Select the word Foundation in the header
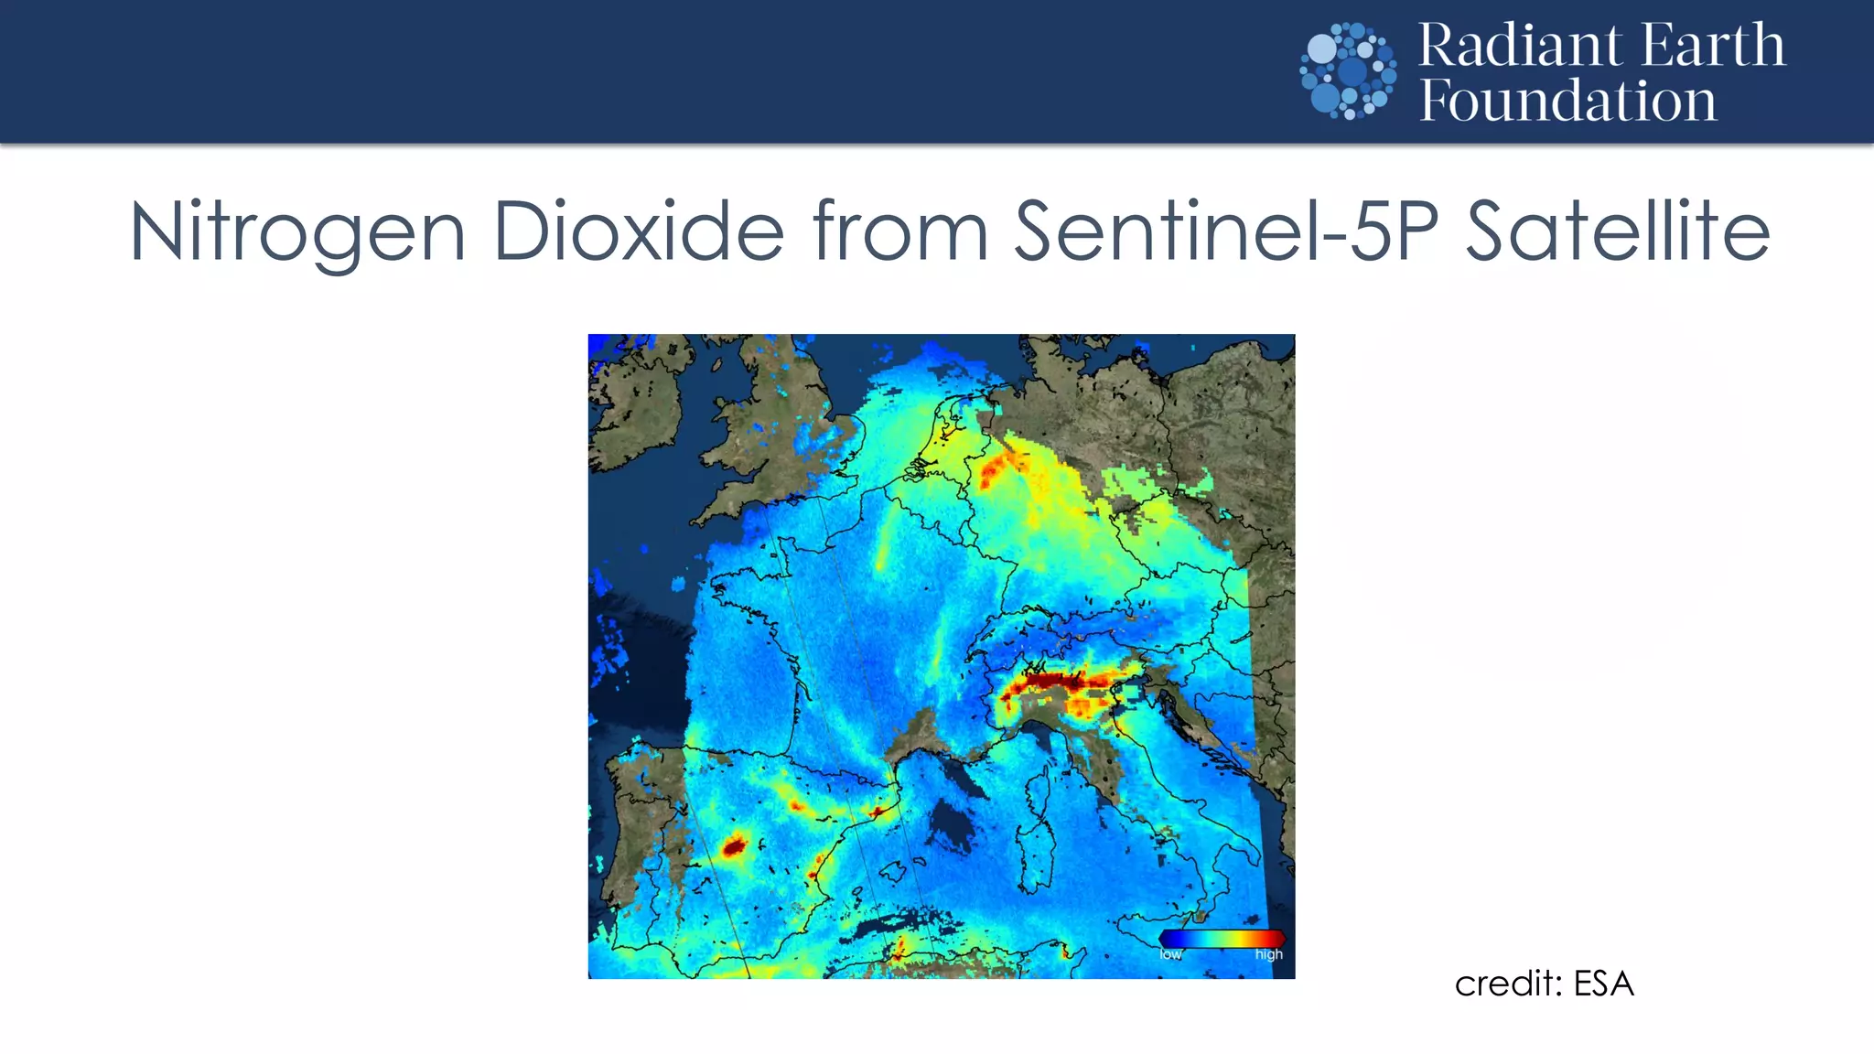(x=1567, y=101)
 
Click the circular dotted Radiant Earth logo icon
(x=1348, y=71)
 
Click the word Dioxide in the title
(x=639, y=231)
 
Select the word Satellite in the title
(x=1618, y=231)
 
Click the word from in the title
(x=900, y=231)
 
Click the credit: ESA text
(x=1544, y=984)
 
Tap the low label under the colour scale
(x=1170, y=954)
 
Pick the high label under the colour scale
(x=1268, y=954)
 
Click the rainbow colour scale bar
(x=1222, y=938)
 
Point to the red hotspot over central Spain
(x=733, y=846)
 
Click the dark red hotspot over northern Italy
(x=1052, y=681)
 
